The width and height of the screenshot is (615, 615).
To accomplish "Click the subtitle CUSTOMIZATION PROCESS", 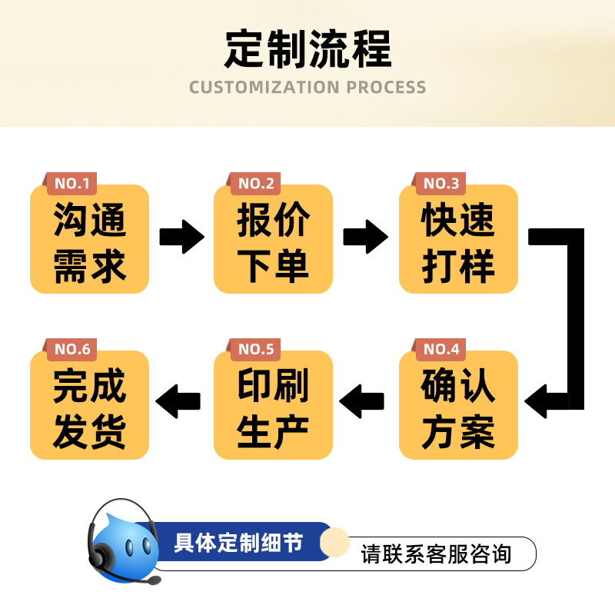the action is coord(307,87).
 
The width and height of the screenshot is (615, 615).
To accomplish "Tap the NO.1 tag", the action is coord(72,184).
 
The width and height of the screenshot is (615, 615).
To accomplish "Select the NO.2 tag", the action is coord(256,184).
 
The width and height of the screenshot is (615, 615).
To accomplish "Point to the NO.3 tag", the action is coord(441,184).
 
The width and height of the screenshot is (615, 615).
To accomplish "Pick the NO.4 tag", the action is coord(441,350).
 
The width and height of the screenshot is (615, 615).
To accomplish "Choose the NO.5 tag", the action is coord(256,350).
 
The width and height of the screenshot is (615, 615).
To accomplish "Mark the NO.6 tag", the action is coord(72,350).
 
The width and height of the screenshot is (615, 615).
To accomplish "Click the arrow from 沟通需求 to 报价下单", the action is coord(181,236).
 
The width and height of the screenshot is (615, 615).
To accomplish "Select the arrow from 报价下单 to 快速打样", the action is coord(365,236).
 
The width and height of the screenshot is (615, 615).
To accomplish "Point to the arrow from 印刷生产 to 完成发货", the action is coord(178,401).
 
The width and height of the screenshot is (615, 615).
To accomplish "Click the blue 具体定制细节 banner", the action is coord(238,543).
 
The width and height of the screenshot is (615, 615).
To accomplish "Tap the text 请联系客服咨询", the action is coord(436,554).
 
